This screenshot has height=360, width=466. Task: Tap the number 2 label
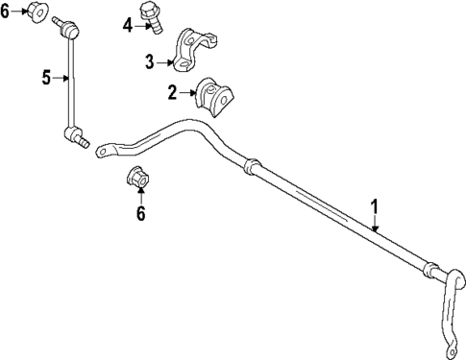[x=172, y=92]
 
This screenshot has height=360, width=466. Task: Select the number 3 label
[x=150, y=62]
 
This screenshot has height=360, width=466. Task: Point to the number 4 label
[x=128, y=25]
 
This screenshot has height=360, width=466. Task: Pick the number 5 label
[x=45, y=78]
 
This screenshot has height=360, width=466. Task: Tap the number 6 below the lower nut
[x=140, y=213]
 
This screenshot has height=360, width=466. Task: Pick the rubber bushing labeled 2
[x=213, y=97]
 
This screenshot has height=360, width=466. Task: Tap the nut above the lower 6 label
[x=136, y=178]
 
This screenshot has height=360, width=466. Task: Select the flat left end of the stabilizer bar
[x=108, y=152]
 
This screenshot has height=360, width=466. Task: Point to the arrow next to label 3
[x=164, y=63]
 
